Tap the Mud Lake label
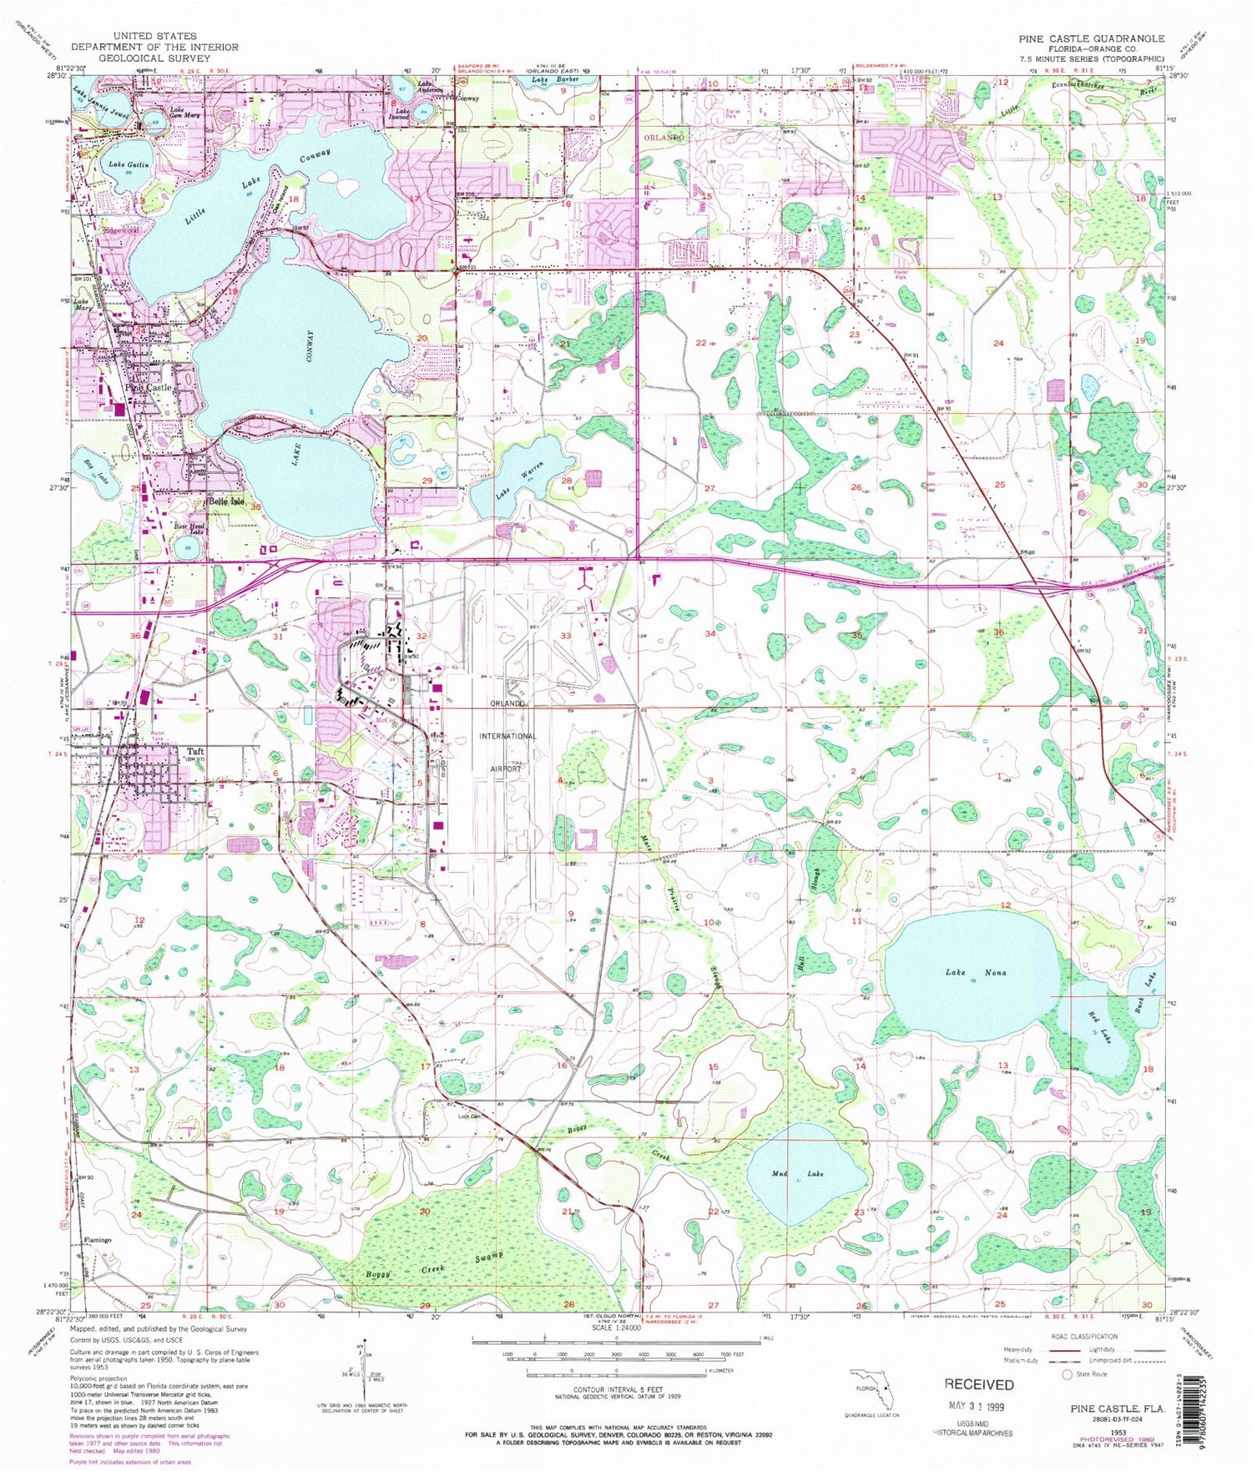coord(797,1173)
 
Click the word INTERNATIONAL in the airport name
coord(507,736)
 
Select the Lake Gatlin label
coord(128,165)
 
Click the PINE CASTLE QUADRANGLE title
coord(1090,38)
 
